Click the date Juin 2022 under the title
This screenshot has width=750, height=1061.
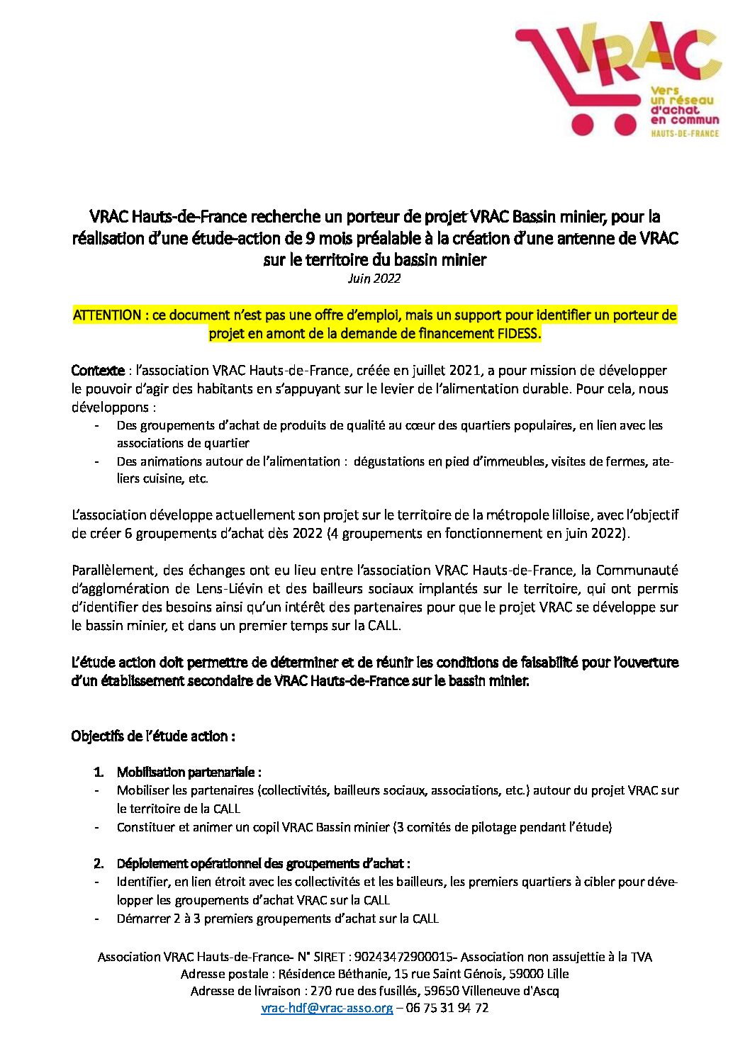[x=374, y=279]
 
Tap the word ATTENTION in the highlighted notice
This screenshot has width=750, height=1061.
[x=107, y=315]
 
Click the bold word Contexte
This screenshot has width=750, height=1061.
[x=98, y=371]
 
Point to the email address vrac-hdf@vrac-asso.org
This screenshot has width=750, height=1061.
[x=327, y=1008]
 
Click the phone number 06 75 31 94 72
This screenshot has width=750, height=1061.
[x=447, y=1008]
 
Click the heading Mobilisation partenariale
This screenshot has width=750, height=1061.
[x=189, y=772]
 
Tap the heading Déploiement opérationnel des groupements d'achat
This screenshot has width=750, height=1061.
[x=264, y=863]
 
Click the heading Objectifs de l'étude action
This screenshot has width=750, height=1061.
[x=153, y=736]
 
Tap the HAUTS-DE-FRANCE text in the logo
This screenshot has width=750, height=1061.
[x=685, y=133]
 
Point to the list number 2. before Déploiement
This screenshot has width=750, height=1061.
[x=99, y=863]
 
